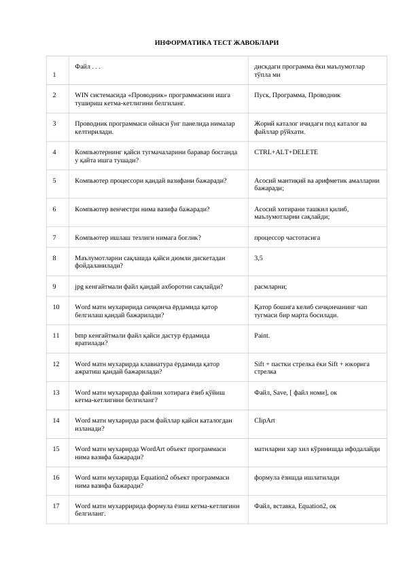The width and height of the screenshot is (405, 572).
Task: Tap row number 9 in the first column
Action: coord(54,287)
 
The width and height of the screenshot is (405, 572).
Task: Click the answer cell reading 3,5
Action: coord(259,258)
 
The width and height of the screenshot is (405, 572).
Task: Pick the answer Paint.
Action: coord(262,335)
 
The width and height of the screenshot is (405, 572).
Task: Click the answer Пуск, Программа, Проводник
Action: coord(297,95)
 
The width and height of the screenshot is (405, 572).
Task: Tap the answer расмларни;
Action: coord(270,287)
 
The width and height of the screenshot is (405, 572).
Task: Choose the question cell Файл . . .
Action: coord(88,67)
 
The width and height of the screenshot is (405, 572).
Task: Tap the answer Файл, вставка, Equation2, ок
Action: coord(295,506)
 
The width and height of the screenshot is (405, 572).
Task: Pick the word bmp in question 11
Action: coord(81,335)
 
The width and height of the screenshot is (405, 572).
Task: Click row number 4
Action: coord(54,152)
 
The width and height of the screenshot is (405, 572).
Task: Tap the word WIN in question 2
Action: coord(82,95)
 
